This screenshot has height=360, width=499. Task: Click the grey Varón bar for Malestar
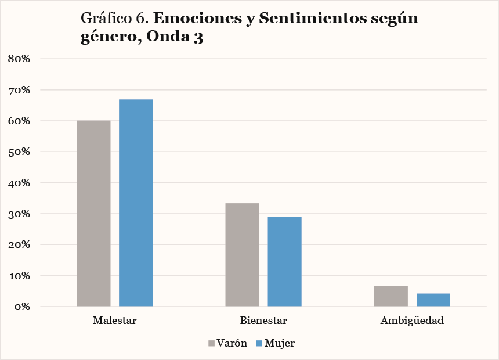93,213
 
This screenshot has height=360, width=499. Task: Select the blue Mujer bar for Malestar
136,203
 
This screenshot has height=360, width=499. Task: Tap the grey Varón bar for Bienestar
243,254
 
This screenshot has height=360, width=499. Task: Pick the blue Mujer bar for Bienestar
284,261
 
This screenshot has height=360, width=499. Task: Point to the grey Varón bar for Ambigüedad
391,296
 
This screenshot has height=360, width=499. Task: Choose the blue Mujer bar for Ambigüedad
433,300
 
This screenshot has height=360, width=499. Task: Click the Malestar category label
114,321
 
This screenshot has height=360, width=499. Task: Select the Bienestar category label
263,321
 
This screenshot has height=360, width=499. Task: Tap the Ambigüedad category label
412,321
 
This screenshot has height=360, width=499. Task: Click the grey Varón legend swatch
212,343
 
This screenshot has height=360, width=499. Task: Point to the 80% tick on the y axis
23,59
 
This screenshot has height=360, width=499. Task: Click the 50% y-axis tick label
23,152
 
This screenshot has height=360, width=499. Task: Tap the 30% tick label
23,214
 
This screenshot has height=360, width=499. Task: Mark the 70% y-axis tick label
23,90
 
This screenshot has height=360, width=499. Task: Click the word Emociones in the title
196,18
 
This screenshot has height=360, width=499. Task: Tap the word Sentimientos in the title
309,18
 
